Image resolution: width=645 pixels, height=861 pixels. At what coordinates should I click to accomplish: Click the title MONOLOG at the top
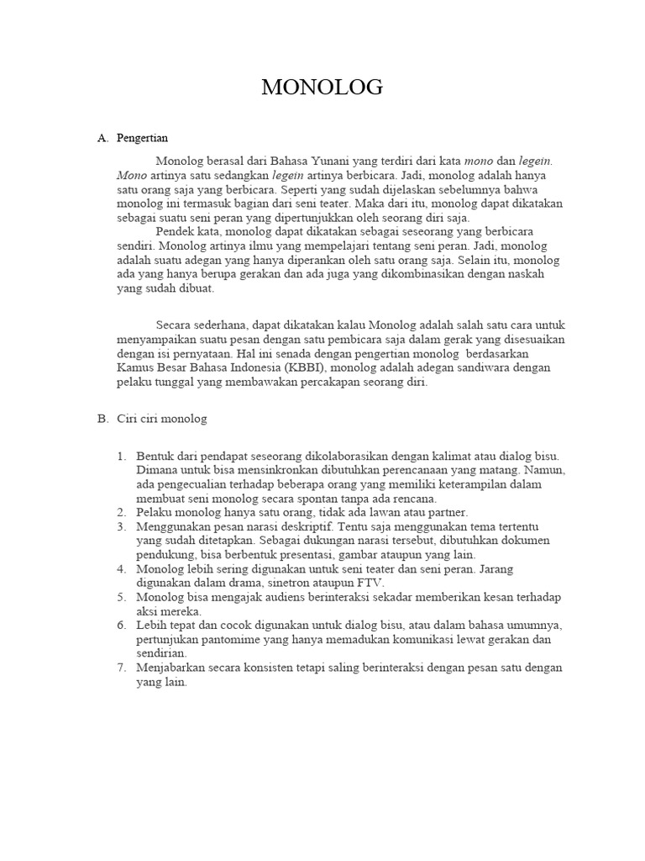(322, 87)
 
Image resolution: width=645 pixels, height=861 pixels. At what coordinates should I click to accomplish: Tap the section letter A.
(102, 138)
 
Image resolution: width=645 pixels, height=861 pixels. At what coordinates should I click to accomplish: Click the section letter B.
(102, 418)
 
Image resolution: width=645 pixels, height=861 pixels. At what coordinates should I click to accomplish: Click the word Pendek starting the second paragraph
(175, 231)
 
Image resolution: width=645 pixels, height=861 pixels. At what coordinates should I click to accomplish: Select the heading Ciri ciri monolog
(162, 418)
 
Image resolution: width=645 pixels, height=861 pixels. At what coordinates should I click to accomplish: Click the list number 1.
(123, 456)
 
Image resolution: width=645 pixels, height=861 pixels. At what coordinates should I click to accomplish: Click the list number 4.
(123, 569)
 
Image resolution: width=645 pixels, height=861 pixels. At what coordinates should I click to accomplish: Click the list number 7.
(123, 668)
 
